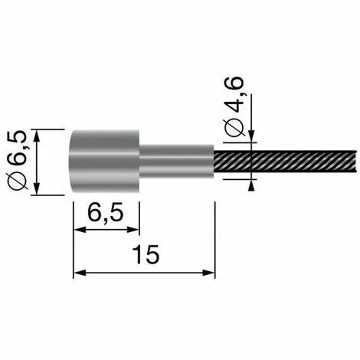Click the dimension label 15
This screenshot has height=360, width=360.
pyautogui.click(x=146, y=254)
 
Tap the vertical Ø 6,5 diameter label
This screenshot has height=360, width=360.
pyautogui.click(x=18, y=160)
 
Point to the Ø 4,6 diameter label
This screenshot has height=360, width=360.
pyautogui.click(x=234, y=107)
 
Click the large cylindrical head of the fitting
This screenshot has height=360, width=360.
pyautogui.click(x=104, y=161)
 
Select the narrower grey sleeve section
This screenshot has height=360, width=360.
pyautogui.click(x=177, y=161)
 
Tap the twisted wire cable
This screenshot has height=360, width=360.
pyautogui.click(x=285, y=162)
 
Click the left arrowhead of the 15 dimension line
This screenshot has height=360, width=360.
pyautogui.click(x=79, y=273)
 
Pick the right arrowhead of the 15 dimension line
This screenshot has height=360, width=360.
pyautogui.click(x=209, y=273)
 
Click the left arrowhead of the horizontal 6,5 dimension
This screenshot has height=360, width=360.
pyautogui.click(x=80, y=230)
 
